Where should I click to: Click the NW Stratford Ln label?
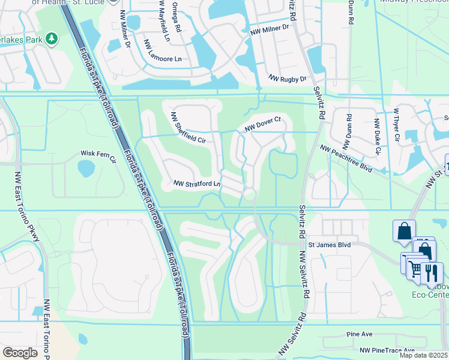pyautogui.click(x=197, y=183)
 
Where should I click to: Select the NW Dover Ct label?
pyautogui.click(x=263, y=125)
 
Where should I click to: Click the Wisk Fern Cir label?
pyautogui.click(x=98, y=155)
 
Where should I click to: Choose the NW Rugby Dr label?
pyautogui.click(x=288, y=79)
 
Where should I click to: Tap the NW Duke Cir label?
pyautogui.click(x=377, y=137)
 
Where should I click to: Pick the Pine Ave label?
pyautogui.click(x=360, y=334)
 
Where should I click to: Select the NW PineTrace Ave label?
pyautogui.click(x=387, y=350)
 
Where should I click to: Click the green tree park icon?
pyautogui.click(x=52, y=38)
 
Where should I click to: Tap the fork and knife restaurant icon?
pyautogui.click(x=431, y=272)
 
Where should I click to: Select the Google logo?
pyautogui.click(x=20, y=352)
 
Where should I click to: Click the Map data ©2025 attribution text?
pyautogui.click(x=423, y=355)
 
